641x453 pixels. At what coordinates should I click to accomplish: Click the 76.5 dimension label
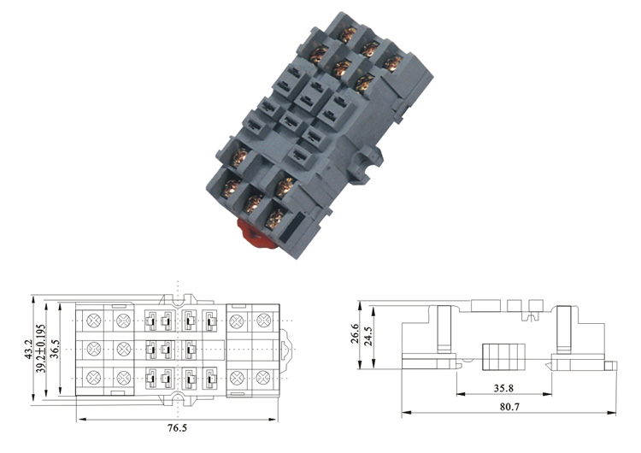tap(177, 428)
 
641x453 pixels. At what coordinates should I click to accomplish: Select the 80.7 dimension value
tap(509, 407)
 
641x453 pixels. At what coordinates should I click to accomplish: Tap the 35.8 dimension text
tap(503, 388)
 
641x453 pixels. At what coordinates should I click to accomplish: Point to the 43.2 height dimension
tap(28, 350)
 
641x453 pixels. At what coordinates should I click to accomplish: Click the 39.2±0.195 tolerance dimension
tap(40, 349)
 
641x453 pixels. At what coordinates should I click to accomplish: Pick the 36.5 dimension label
tap(55, 349)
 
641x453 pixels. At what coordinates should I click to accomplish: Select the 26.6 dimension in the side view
tap(354, 333)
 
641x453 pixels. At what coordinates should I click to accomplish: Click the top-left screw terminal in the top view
tap(94, 321)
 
